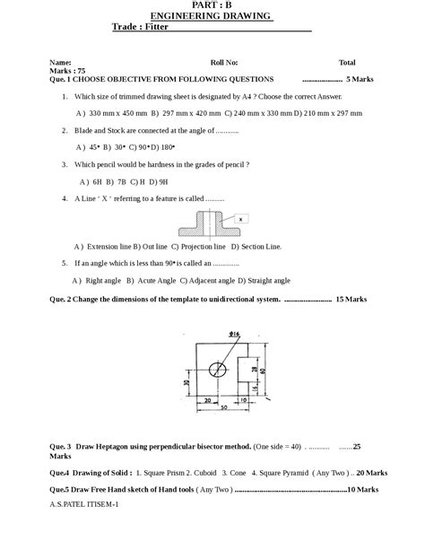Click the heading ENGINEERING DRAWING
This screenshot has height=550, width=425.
coord(211,16)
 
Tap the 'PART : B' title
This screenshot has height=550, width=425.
coord(212,5)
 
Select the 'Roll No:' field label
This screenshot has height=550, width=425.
coord(224,63)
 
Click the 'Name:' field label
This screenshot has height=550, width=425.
coord(60,63)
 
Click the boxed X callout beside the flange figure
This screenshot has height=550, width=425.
coord(241,218)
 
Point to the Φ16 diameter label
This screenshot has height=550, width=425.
coord(233,334)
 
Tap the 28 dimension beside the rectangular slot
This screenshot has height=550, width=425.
coord(253,369)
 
